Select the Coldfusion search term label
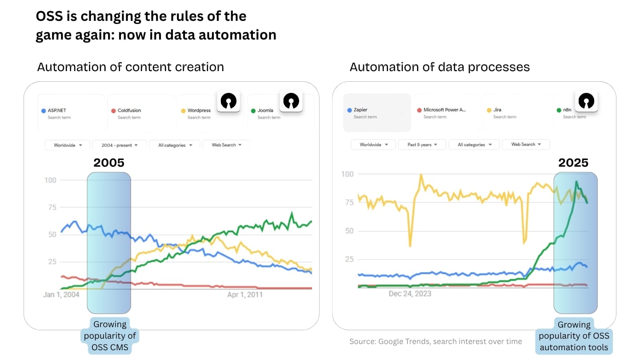click(129, 111)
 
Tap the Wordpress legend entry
click(199, 111)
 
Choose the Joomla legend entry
click(265, 111)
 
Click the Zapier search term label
click(360, 110)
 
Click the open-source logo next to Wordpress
click(228, 101)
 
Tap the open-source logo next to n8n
click(586, 101)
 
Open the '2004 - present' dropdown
click(120, 145)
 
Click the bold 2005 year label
click(109, 163)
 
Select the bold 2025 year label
click(573, 163)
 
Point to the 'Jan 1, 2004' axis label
click(61, 295)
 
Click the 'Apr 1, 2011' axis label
click(244, 295)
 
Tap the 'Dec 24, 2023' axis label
click(410, 294)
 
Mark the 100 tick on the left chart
click(50, 180)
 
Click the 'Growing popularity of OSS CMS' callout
click(110, 336)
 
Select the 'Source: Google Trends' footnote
click(436, 341)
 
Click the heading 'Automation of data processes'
click(440, 67)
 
